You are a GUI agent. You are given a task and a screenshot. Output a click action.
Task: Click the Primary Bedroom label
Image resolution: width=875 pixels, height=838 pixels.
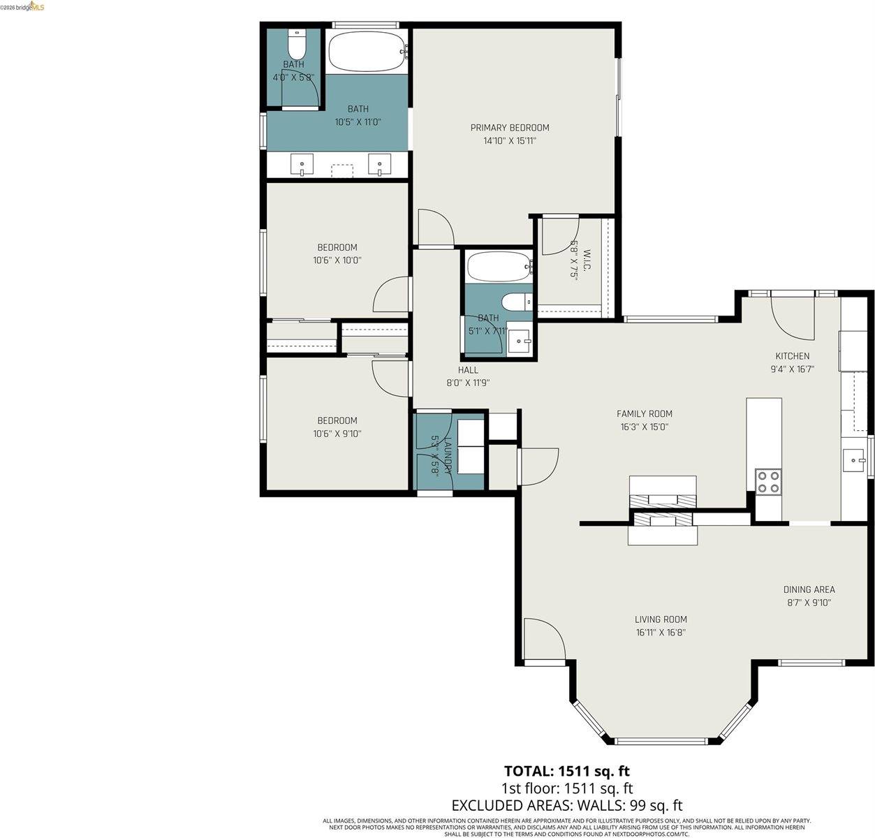tap(509, 128)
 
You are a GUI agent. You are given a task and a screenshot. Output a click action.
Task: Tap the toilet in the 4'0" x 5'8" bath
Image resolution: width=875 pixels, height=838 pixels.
tap(296, 45)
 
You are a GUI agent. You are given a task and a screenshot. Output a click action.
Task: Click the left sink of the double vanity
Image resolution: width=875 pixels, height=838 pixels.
tap(302, 166)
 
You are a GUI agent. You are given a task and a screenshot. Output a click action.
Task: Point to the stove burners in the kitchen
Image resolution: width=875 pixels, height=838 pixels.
tap(768, 482)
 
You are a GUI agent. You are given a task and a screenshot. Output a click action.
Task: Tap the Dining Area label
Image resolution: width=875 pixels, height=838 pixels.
tap(809, 589)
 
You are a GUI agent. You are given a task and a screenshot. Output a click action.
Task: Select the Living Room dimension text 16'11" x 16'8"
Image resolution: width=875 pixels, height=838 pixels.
tap(661, 633)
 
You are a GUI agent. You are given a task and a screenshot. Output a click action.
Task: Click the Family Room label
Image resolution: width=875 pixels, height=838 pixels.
tap(644, 413)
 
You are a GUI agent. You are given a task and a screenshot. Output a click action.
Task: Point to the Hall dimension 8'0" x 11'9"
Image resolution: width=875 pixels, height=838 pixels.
tap(468, 383)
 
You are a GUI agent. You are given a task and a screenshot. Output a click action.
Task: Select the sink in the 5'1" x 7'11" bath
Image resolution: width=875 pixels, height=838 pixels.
tap(519, 342)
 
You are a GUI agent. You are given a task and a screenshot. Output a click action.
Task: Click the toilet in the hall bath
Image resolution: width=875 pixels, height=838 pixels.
tap(517, 302)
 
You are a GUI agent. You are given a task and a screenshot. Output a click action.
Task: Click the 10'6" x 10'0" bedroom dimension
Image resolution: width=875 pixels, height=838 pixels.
tap(337, 260)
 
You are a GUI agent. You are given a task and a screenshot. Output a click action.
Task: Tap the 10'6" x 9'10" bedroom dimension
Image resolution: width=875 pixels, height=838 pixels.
tap(337, 434)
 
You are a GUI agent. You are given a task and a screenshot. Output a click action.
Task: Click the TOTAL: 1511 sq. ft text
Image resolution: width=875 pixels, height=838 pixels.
tap(567, 771)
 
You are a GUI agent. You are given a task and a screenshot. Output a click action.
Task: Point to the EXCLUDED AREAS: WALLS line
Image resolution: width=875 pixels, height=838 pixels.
tap(567, 805)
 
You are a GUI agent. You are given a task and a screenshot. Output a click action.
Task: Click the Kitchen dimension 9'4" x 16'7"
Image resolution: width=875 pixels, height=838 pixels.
tap(792, 369)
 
